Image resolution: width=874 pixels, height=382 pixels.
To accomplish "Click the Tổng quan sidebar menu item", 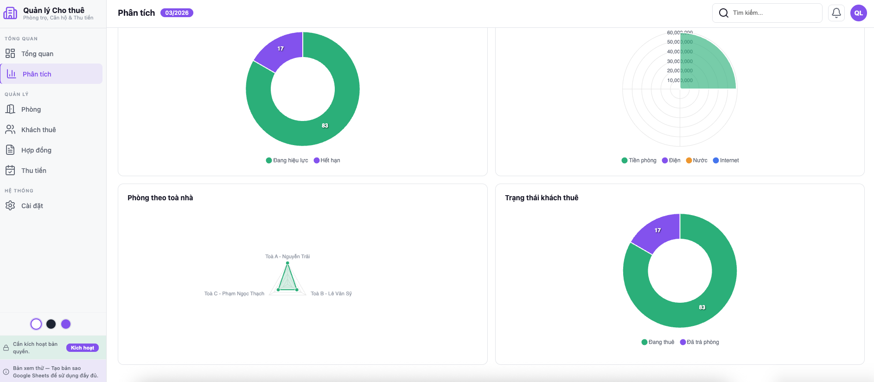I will (x=37, y=54).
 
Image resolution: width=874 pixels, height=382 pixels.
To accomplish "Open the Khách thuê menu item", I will (x=38, y=130).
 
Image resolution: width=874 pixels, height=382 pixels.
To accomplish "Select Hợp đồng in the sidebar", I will (x=36, y=150).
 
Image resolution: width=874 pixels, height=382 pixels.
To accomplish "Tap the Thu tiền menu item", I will (x=34, y=171).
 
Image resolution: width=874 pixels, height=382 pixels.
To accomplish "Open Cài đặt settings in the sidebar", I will (x=32, y=206).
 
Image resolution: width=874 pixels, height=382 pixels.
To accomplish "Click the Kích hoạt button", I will (x=82, y=348).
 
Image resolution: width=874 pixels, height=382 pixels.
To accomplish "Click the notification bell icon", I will (x=836, y=13).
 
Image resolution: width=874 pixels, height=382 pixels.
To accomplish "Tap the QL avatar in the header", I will (x=858, y=13).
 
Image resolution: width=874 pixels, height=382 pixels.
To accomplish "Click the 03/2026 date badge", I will (x=177, y=13).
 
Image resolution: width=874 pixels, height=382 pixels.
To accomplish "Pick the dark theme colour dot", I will (x=51, y=324).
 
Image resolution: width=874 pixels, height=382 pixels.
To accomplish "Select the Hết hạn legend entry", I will (x=327, y=160).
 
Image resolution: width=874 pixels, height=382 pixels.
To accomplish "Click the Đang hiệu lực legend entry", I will (x=287, y=160).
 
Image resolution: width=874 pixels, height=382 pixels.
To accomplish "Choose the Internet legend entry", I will (x=726, y=160).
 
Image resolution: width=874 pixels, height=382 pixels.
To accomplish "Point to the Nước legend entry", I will (x=697, y=160).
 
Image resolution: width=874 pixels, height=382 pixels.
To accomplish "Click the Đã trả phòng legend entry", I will (x=700, y=342).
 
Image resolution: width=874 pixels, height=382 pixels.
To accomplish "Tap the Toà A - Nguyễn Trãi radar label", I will (x=287, y=256).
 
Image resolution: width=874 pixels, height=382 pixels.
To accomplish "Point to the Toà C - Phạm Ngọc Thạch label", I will (x=234, y=293).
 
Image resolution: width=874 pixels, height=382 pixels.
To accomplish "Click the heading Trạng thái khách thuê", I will (x=542, y=198).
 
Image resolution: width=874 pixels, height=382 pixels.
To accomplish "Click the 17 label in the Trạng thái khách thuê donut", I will (x=657, y=230).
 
